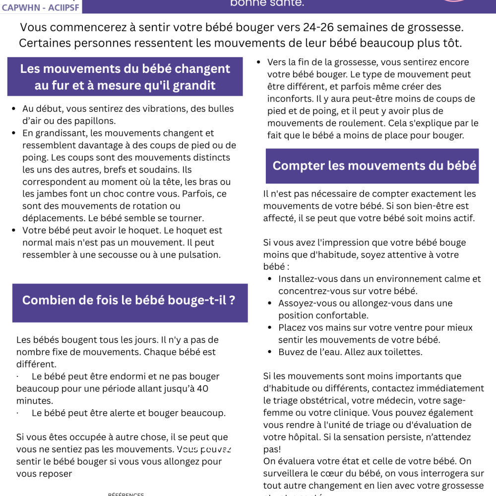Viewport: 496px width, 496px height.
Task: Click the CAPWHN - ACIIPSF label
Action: [40, 7]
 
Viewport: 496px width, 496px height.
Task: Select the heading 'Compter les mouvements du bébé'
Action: [374, 166]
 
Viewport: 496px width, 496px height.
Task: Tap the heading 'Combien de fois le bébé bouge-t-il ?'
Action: [129, 300]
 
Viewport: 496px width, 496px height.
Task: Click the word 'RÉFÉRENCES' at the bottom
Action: [126, 494]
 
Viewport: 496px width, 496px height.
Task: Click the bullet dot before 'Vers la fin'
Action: [258, 62]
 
